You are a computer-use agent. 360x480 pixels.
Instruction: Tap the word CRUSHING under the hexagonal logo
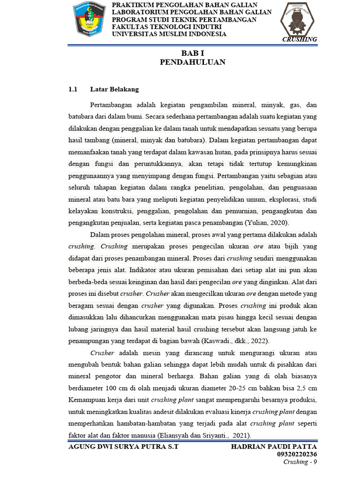[300, 39]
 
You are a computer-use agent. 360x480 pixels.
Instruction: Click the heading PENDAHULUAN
[193, 62]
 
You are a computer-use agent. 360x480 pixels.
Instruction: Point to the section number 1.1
[73, 89]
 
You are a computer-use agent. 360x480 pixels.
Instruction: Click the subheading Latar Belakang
[114, 89]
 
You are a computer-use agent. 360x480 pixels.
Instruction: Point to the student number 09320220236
[297, 454]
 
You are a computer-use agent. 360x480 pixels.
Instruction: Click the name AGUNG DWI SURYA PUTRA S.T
[123, 446]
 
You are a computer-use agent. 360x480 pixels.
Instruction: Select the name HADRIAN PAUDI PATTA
[274, 446]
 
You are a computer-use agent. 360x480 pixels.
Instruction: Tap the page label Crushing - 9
[300, 462]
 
